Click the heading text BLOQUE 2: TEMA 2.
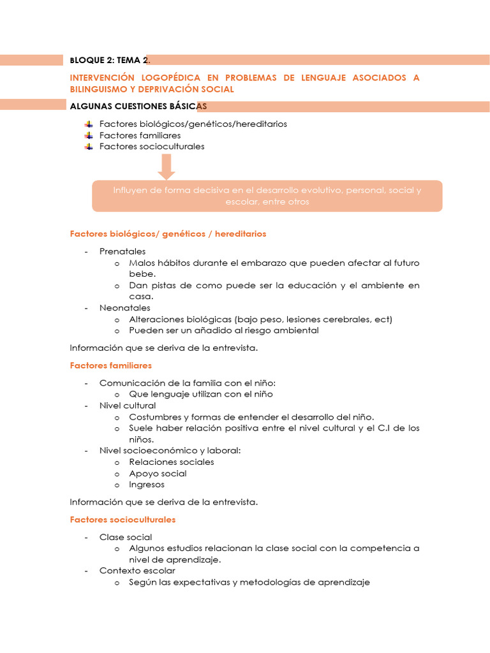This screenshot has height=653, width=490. pos(110,60)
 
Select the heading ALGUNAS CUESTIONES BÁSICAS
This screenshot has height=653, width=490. pos(138,106)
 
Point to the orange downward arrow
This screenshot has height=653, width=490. pos(167,166)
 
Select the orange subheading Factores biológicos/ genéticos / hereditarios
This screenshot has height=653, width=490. pos(168,234)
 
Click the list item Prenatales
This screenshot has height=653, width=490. pos(122,251)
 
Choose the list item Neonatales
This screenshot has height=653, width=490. pos(125,307)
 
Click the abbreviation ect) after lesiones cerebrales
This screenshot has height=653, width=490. pos(384,319)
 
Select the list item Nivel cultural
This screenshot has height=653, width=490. pos(128,406)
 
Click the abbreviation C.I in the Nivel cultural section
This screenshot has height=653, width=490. pos(381,428)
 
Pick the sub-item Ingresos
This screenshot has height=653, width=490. pos(147,484)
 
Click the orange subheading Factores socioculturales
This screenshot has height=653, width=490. pos(122,520)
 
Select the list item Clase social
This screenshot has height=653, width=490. pos(126,537)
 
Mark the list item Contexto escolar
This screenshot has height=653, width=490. pos(137,571)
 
